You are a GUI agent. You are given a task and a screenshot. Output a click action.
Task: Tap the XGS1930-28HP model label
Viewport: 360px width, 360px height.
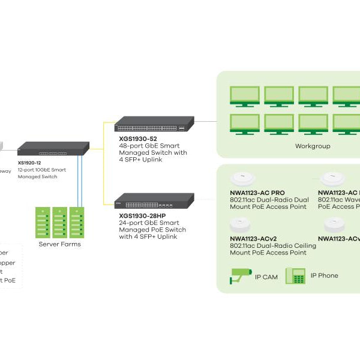[144, 215]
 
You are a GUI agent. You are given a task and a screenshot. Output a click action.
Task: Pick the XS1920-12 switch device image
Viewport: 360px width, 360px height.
[53, 149]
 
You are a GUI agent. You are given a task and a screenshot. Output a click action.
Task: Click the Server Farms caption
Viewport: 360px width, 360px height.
[59, 244]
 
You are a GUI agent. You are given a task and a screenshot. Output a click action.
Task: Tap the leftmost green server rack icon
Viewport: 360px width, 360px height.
[43, 222]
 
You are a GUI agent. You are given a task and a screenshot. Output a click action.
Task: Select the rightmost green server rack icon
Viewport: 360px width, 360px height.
[76, 222]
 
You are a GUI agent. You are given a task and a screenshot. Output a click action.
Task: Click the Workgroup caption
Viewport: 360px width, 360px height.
[313, 146]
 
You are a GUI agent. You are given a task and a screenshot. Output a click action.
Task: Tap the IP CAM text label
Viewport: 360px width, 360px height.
[266, 277]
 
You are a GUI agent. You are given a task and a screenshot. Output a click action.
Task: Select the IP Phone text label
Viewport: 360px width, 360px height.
[324, 276]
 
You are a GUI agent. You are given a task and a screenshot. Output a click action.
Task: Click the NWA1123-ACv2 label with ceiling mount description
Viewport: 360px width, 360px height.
[253, 238]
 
